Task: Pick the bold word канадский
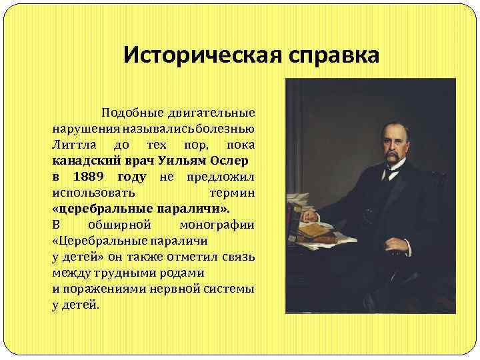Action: point(80,161)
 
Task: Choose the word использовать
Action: point(93,193)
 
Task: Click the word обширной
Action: point(120,225)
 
